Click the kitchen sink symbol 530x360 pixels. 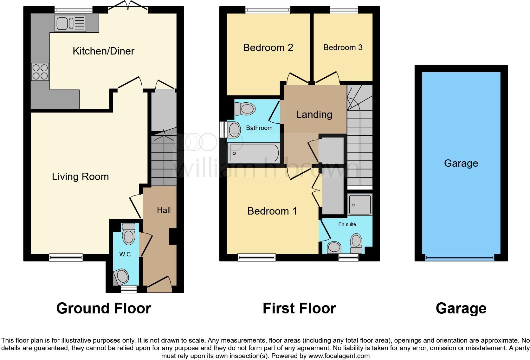coord(70,23)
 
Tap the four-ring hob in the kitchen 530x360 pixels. coord(40,72)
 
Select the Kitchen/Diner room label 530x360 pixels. coord(103,51)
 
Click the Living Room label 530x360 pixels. coord(80,177)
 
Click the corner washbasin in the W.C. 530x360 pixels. coord(121,277)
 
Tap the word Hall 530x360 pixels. coord(164,210)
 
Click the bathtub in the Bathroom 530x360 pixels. coord(253,153)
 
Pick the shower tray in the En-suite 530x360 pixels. coord(360,205)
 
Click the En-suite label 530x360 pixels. coord(347,224)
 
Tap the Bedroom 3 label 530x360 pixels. coord(343,48)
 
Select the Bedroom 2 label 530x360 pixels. coord(268,48)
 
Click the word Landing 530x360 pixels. coord(314,114)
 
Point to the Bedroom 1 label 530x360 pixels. coord(272,211)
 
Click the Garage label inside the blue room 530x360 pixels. coord(461,163)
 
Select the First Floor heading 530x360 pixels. coord(299,308)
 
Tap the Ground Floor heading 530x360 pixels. coord(104,308)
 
